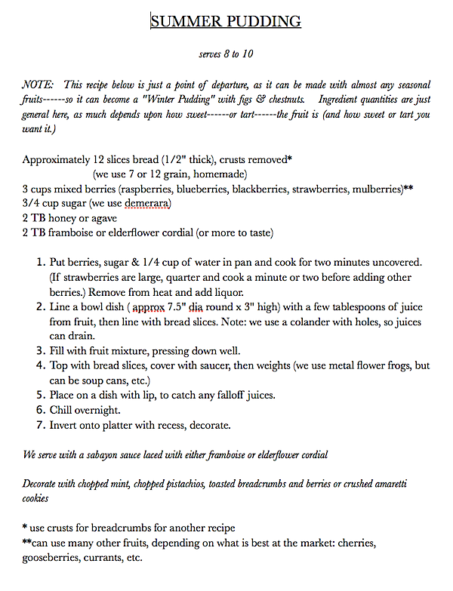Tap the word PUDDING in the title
[x=263, y=21]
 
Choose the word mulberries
[x=369, y=189]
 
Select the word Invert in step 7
[x=64, y=425]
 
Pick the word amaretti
[x=411, y=483]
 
